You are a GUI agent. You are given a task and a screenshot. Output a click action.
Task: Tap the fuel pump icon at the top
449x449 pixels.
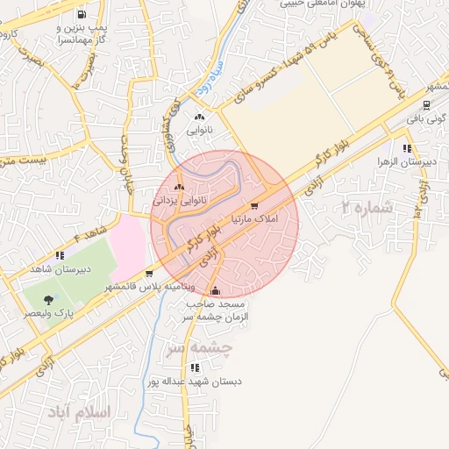(x=82, y=14)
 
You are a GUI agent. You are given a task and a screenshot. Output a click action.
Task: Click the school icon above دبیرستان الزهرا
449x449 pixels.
(x=406, y=148)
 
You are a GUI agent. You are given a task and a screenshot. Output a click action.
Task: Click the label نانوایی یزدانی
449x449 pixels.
(x=179, y=200)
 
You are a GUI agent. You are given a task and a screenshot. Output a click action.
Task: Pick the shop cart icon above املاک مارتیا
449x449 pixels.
(x=254, y=206)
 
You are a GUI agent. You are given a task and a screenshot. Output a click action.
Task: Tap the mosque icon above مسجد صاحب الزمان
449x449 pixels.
(x=216, y=290)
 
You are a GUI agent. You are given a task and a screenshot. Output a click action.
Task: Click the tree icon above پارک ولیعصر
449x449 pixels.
(x=48, y=299)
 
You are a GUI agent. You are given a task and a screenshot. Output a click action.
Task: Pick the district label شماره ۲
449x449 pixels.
(x=365, y=208)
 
